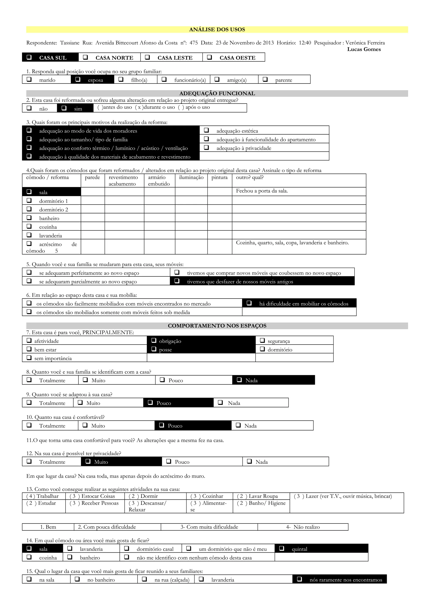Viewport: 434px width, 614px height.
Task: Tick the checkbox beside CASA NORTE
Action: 86,57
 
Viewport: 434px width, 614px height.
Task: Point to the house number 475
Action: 194,43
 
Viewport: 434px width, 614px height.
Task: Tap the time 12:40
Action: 305,43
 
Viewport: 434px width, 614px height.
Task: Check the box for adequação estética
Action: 206,130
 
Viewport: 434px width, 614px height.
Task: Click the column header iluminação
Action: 191,178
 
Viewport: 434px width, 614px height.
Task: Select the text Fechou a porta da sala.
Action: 262,191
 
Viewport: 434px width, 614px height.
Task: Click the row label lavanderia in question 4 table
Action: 50,236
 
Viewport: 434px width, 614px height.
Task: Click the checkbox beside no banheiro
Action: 77,579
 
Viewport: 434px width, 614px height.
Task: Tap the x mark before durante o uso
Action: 139,107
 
